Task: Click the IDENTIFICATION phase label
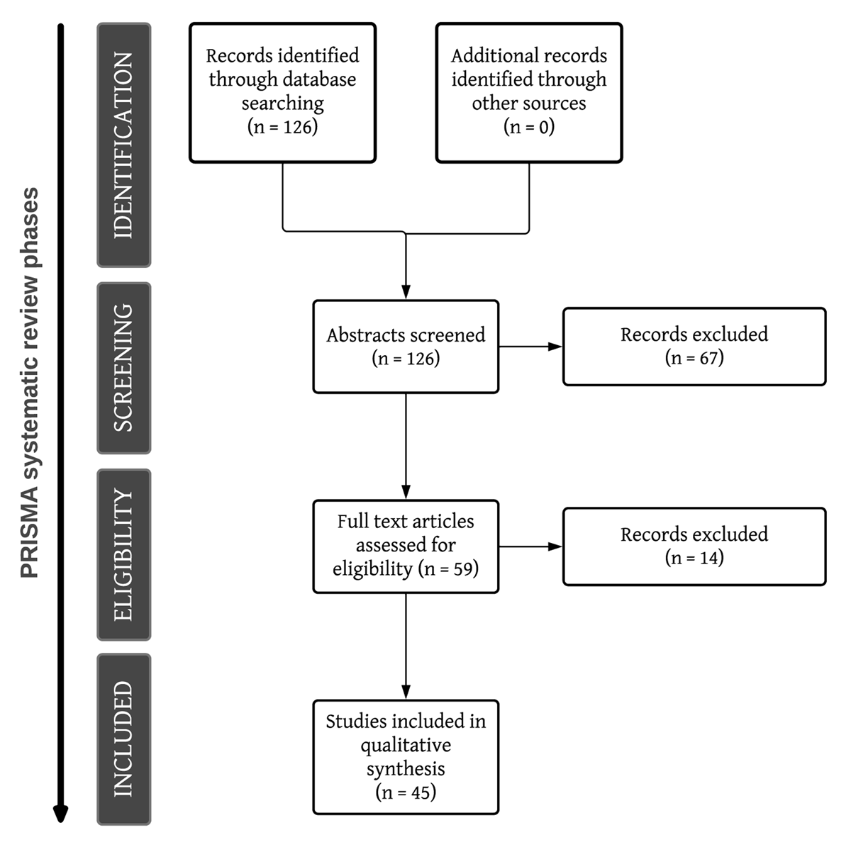click(123, 145)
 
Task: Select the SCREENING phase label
click(123, 368)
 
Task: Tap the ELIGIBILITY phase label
click(123, 554)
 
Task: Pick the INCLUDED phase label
click(123, 739)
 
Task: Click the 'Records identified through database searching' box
click(283, 93)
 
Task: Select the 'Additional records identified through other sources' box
click(529, 93)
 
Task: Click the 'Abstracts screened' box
click(406, 347)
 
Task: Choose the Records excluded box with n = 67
click(694, 347)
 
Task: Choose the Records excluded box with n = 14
click(694, 546)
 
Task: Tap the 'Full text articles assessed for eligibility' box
click(406, 546)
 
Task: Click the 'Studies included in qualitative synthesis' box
click(406, 757)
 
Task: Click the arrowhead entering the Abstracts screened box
click(406, 292)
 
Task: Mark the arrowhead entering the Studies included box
click(406, 692)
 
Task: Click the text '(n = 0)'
click(529, 127)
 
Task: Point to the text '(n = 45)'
click(406, 792)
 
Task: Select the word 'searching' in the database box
click(283, 103)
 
